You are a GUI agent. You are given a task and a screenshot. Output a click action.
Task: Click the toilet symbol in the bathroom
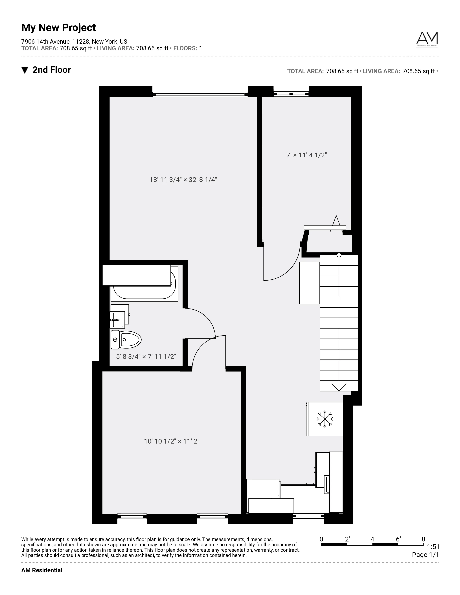[126, 340]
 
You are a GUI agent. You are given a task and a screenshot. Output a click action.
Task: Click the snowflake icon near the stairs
[325, 419]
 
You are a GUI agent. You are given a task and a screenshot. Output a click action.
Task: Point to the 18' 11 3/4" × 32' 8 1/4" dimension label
[183, 180]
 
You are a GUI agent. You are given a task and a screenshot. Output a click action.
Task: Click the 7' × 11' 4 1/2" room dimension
[306, 155]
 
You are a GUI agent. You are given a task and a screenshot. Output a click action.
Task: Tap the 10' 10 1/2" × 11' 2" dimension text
[172, 441]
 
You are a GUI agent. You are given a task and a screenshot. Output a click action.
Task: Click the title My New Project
[59, 28]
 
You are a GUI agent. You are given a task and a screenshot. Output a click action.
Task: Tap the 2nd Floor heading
[52, 70]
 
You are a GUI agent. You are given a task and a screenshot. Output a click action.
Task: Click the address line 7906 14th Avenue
[74, 42]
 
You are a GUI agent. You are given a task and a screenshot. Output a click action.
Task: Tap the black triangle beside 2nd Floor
[25, 70]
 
